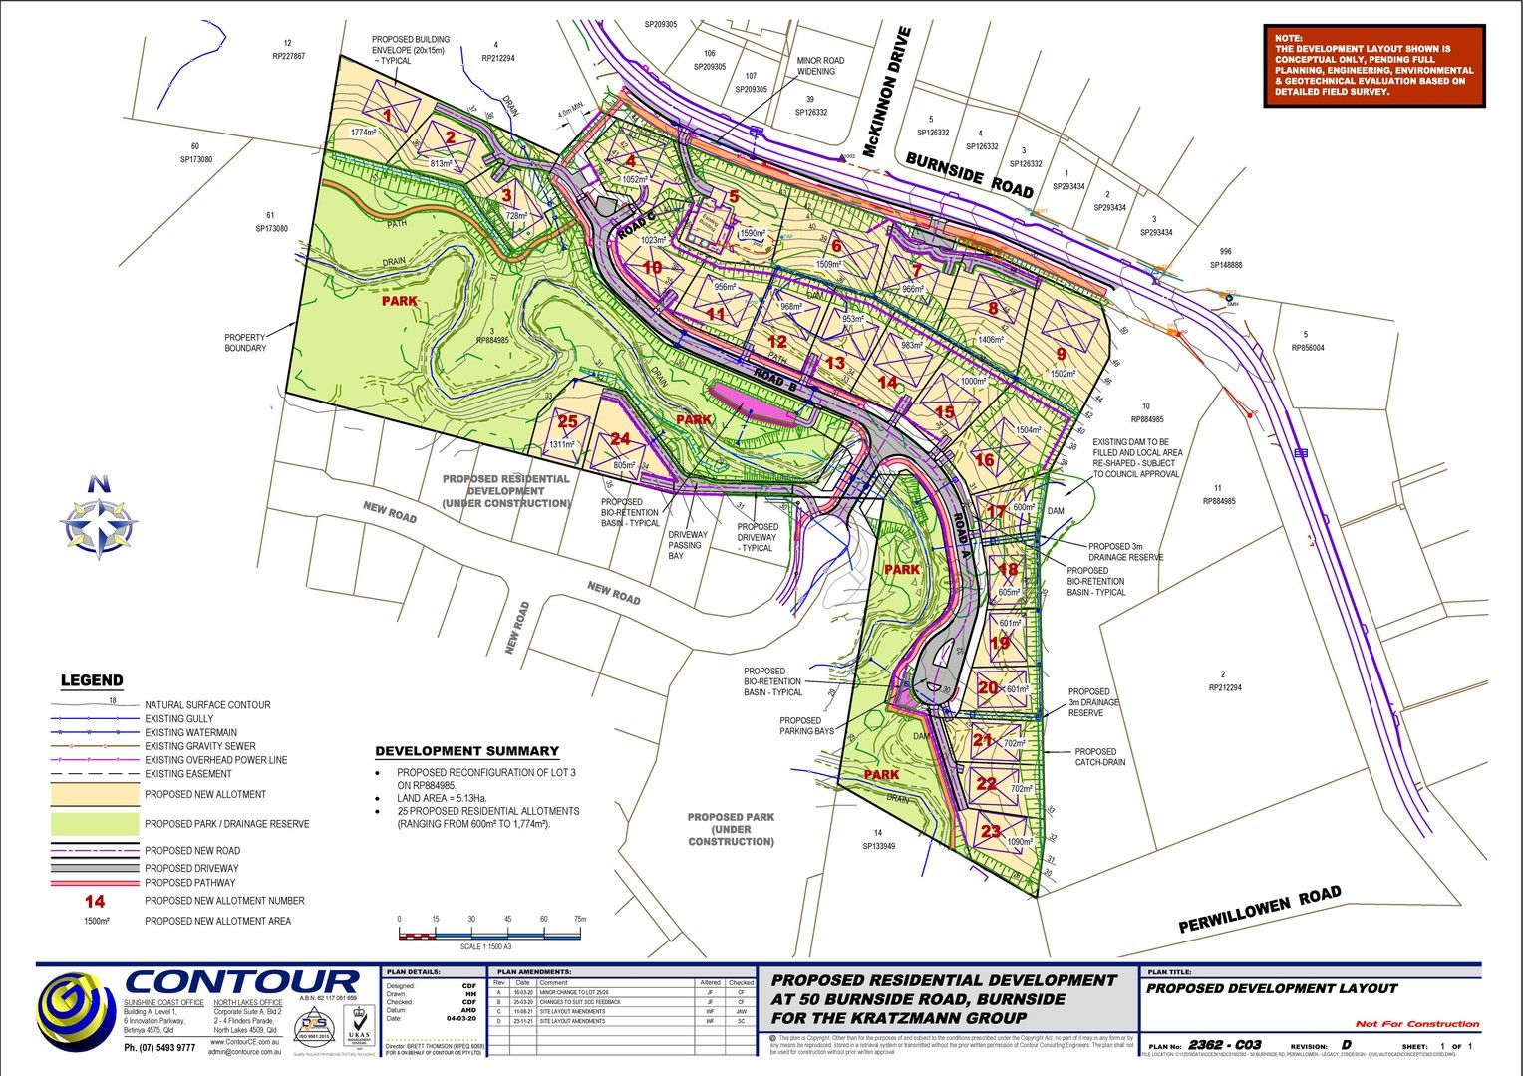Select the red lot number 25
567,422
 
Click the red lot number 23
990,830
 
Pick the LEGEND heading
92,681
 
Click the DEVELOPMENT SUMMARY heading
466,751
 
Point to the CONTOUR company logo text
242,984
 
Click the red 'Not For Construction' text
1416,1024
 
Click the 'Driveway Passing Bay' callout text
687,545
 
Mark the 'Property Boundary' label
245,342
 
